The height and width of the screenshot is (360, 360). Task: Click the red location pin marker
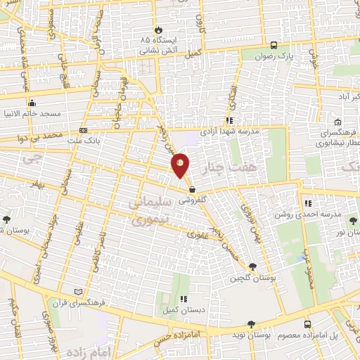180,165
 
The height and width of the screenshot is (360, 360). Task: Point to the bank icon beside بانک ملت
84,131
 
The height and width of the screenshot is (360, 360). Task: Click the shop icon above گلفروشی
191,188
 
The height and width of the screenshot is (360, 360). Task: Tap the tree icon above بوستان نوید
252,323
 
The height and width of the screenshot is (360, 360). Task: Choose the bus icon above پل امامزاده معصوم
307,324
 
